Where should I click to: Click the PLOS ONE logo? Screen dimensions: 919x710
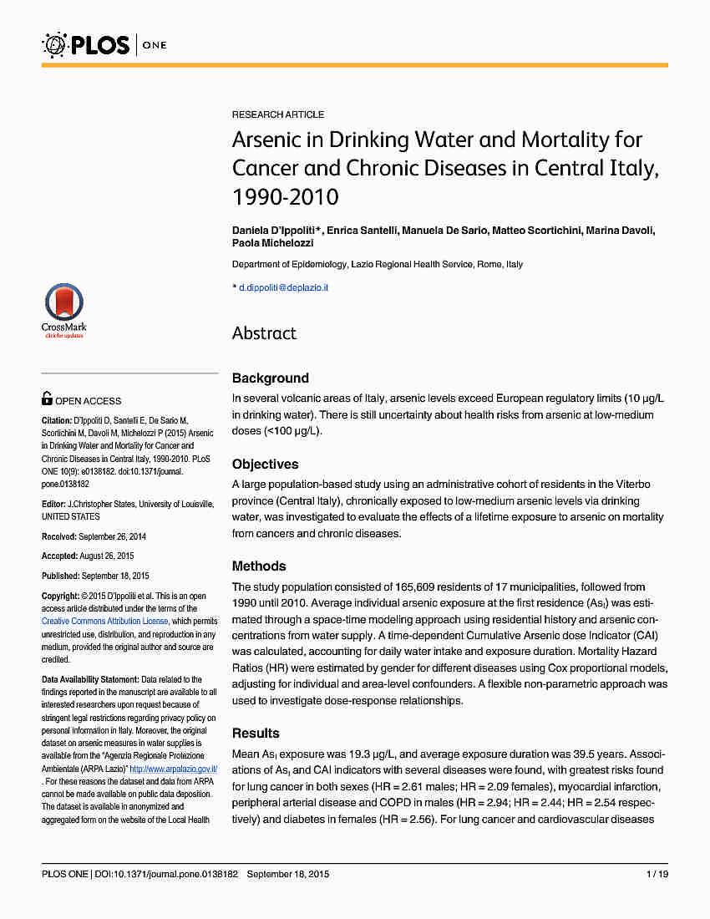104,43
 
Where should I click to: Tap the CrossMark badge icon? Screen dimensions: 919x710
64,309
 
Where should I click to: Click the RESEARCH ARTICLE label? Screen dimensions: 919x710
278,114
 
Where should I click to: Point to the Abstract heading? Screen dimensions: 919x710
264,333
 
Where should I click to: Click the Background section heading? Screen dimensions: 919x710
271,378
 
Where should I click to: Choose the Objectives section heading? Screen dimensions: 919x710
265,465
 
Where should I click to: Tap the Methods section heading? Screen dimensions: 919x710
259,566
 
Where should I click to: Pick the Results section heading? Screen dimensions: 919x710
256,734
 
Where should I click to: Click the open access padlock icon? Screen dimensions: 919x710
48,400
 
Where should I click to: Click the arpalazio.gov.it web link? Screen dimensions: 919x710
173,769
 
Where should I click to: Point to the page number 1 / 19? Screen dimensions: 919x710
657,874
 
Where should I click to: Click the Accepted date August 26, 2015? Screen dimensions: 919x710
108,556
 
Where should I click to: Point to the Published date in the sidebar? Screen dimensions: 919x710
112,576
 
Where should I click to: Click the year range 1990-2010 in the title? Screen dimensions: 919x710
285,197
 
